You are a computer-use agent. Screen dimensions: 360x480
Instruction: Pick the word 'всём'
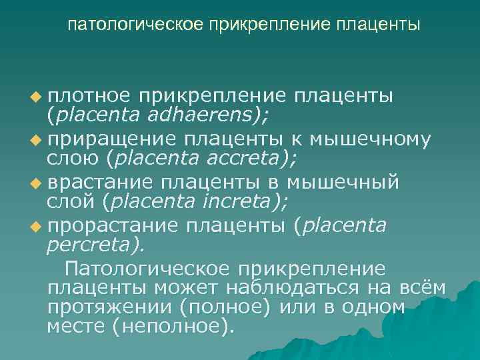pos(422,288)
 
